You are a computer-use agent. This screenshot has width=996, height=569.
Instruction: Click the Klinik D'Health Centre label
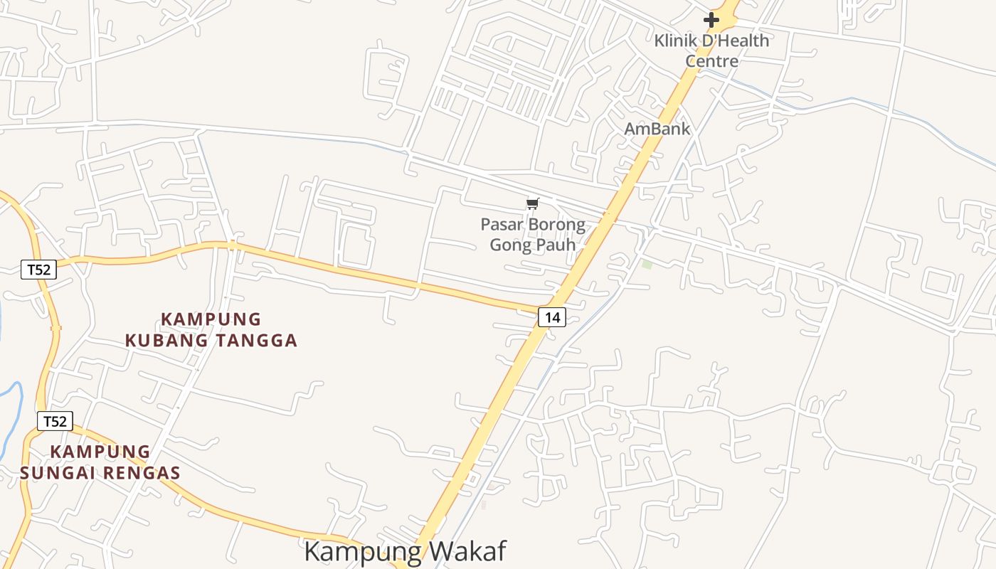(x=711, y=50)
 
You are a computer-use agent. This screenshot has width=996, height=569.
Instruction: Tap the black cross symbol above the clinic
(x=711, y=20)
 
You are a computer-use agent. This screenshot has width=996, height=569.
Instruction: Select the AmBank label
(x=657, y=129)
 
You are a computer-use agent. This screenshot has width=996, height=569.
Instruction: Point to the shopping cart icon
(x=532, y=204)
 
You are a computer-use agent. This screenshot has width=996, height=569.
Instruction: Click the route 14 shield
(x=551, y=317)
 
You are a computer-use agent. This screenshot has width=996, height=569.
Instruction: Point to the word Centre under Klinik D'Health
(x=711, y=60)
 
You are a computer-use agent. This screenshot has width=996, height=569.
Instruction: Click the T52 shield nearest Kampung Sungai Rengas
(x=55, y=421)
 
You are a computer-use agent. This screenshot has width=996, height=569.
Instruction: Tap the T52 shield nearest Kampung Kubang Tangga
(x=38, y=270)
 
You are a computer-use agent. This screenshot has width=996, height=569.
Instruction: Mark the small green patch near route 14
(x=647, y=264)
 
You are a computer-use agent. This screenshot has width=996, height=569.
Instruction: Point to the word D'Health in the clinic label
(x=736, y=41)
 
